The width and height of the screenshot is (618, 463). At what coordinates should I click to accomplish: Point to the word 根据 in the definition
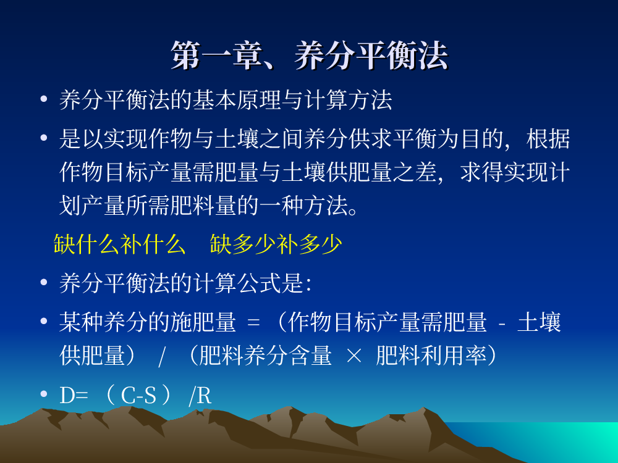tap(548, 139)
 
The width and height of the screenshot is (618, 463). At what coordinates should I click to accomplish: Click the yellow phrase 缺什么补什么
tap(119, 244)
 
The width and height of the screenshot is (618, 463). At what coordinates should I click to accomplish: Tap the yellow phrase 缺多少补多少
tap(276, 244)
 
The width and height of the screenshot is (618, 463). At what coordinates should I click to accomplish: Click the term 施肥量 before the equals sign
tap(203, 322)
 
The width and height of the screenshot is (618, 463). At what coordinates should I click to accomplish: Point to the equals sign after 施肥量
tap(253, 323)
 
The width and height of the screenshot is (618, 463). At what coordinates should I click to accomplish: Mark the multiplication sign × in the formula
tap(353, 356)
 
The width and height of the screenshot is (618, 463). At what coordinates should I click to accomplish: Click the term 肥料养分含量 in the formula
tap(265, 355)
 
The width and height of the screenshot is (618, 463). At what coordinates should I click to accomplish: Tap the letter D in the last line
tap(67, 395)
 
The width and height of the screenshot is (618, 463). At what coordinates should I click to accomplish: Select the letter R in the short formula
tap(204, 396)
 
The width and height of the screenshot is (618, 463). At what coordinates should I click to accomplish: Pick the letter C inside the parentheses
tap(128, 395)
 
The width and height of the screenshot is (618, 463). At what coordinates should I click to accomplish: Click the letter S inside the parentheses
tap(150, 395)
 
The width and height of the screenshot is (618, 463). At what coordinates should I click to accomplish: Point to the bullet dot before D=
tap(44, 394)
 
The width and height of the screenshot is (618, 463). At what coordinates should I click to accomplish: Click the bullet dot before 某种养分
tap(44, 321)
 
